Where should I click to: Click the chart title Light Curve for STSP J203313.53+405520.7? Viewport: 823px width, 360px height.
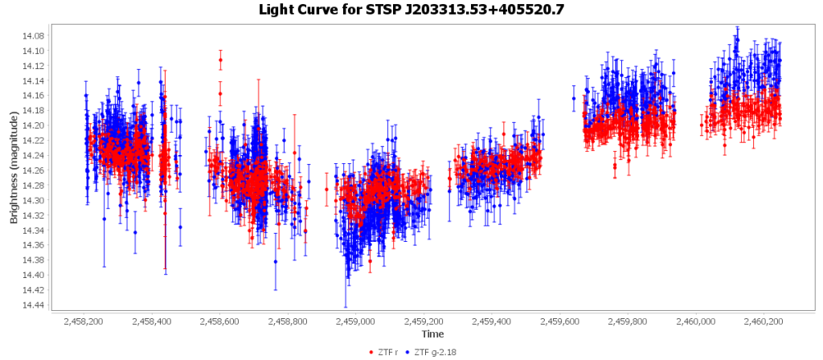pos(411,10)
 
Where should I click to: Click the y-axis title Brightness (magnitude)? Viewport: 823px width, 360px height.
pos(14,169)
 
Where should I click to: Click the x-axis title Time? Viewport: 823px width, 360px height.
pos(432,333)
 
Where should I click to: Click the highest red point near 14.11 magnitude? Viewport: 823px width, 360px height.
pos(220,59)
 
